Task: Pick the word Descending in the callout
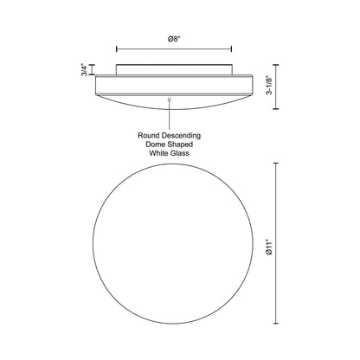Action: pos(185,136)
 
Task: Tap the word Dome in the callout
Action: pos(153,145)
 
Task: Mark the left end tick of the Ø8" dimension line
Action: pos(116,48)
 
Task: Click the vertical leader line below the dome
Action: pos(170,115)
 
